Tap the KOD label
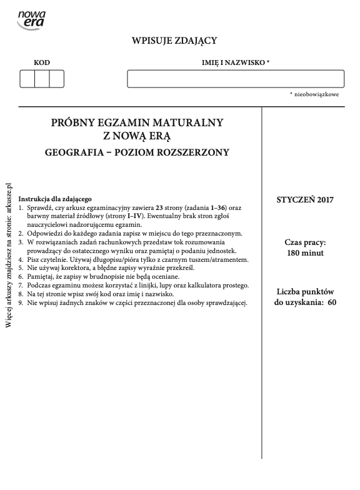tap(42, 62)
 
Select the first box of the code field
tap(27, 79)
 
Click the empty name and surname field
tap(236, 79)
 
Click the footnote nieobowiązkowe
tap(316, 94)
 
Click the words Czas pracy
tap(306, 242)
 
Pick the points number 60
tap(332, 302)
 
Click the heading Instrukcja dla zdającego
tap(56, 198)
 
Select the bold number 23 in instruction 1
tap(159, 207)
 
